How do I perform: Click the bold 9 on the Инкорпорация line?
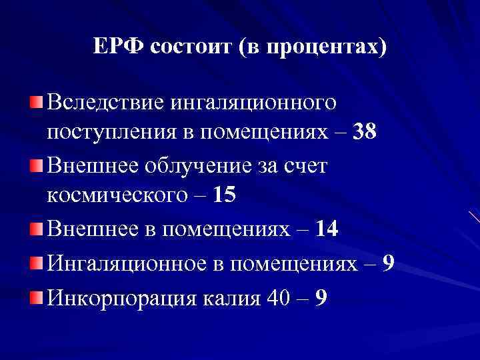tap(321, 297)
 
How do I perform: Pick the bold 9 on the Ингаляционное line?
tap(389, 264)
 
